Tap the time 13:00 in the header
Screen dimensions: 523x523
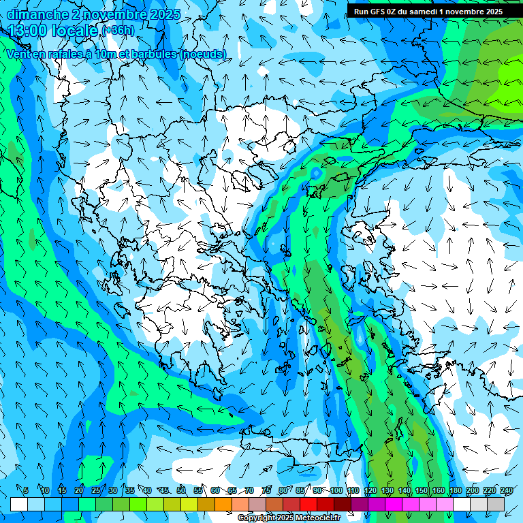coord(30,31)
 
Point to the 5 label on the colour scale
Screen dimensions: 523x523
coord(26,491)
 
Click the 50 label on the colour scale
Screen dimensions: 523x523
coord(181,491)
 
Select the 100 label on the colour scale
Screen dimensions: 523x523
coord(336,491)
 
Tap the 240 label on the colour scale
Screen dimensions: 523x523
coord(507,491)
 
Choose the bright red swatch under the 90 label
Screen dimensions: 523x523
coord(308,504)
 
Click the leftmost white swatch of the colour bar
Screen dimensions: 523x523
coord(19,504)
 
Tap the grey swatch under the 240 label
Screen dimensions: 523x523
coord(496,504)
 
